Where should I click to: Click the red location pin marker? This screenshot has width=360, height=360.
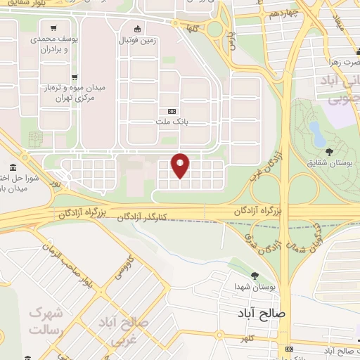pos(181,165)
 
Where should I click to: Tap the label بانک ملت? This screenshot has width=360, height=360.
pos(173,121)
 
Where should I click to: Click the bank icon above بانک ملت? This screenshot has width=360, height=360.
pos(173,111)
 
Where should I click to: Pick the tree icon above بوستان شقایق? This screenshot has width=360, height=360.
pos(330,153)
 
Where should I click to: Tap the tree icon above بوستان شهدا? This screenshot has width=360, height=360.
pos(255,276)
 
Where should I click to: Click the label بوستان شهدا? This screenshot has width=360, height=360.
pos(254,287)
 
